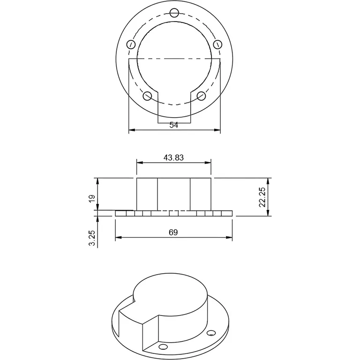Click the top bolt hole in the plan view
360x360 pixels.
tap(174, 13)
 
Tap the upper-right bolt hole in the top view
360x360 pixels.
tap(217, 44)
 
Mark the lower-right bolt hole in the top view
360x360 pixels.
tap(202, 96)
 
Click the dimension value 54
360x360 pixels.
tap(173, 125)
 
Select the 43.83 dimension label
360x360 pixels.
tap(173, 158)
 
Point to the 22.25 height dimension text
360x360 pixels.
tap(262, 197)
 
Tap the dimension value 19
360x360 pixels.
tap(92, 198)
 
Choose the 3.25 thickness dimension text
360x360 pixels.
tap(92, 238)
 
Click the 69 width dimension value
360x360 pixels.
tap(173, 232)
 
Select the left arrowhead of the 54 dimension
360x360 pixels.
tap(131, 129)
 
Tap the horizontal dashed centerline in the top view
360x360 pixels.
tap(174, 59)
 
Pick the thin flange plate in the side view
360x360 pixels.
tap(173, 214)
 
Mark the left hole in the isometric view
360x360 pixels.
tap(163, 347)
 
